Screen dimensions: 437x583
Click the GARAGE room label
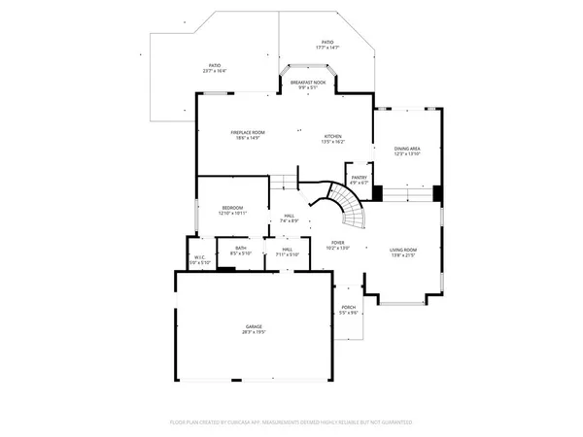[255, 326]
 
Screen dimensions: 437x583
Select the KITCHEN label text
[332, 136]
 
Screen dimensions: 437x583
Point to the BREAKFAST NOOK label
[309, 84]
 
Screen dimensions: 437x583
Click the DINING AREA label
[407, 149]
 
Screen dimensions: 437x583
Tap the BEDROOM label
[232, 208]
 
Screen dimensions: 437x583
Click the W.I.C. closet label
[198, 257]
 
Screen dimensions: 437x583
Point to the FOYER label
[337, 243]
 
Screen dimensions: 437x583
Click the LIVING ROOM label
[402, 250]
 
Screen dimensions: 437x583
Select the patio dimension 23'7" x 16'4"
[214, 71]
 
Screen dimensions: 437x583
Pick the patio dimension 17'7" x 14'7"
[327, 48]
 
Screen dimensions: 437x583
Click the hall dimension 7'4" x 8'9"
[289, 221]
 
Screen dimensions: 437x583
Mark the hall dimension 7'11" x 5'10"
[288, 254]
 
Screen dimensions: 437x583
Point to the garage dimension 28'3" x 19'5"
[255, 332]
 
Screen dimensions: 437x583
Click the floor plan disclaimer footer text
[291, 422]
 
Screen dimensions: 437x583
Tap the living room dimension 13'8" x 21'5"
[402, 255]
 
